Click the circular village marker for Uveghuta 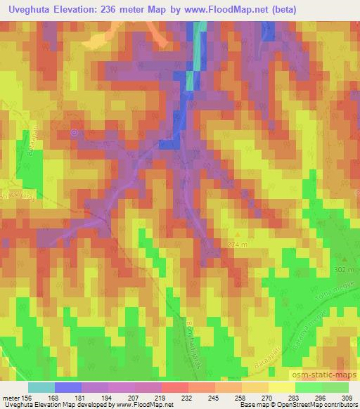(75, 131)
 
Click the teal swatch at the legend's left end (41, 387)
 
